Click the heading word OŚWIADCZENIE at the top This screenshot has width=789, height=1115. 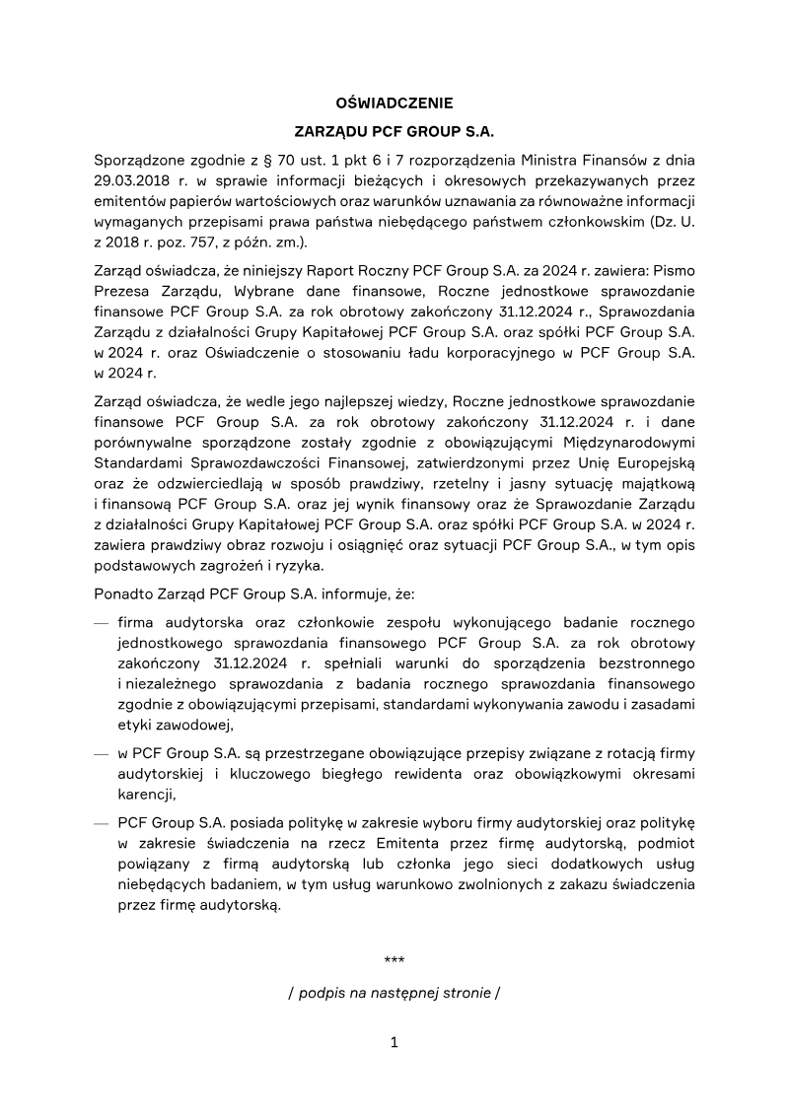[x=394, y=102]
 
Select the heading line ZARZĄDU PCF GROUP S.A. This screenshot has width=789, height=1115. [x=394, y=130]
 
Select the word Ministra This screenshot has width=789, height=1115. [x=556, y=159]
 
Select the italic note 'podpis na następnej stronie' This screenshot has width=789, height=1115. [x=394, y=993]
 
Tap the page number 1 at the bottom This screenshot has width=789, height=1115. [x=394, y=1042]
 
